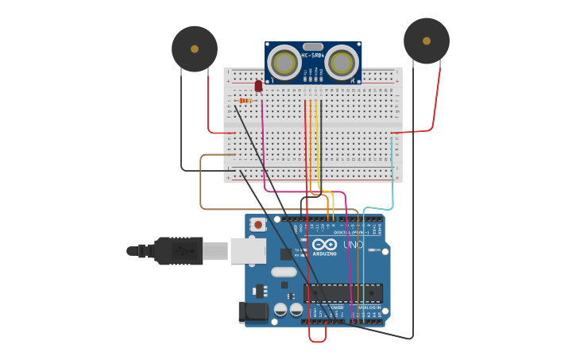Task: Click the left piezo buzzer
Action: tap(195, 48)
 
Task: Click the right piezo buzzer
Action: tap(427, 41)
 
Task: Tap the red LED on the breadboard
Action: tap(258, 85)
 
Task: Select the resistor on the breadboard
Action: tap(245, 101)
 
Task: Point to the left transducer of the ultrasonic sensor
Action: tap(284, 62)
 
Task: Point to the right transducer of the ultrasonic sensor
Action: tap(342, 62)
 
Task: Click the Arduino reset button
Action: tap(257, 225)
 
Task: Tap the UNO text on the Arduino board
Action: tap(353, 245)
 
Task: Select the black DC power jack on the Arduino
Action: tap(253, 312)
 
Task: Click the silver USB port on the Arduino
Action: tap(248, 250)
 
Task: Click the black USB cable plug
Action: tap(179, 250)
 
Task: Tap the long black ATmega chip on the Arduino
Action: tap(343, 292)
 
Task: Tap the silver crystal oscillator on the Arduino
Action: tap(284, 272)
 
